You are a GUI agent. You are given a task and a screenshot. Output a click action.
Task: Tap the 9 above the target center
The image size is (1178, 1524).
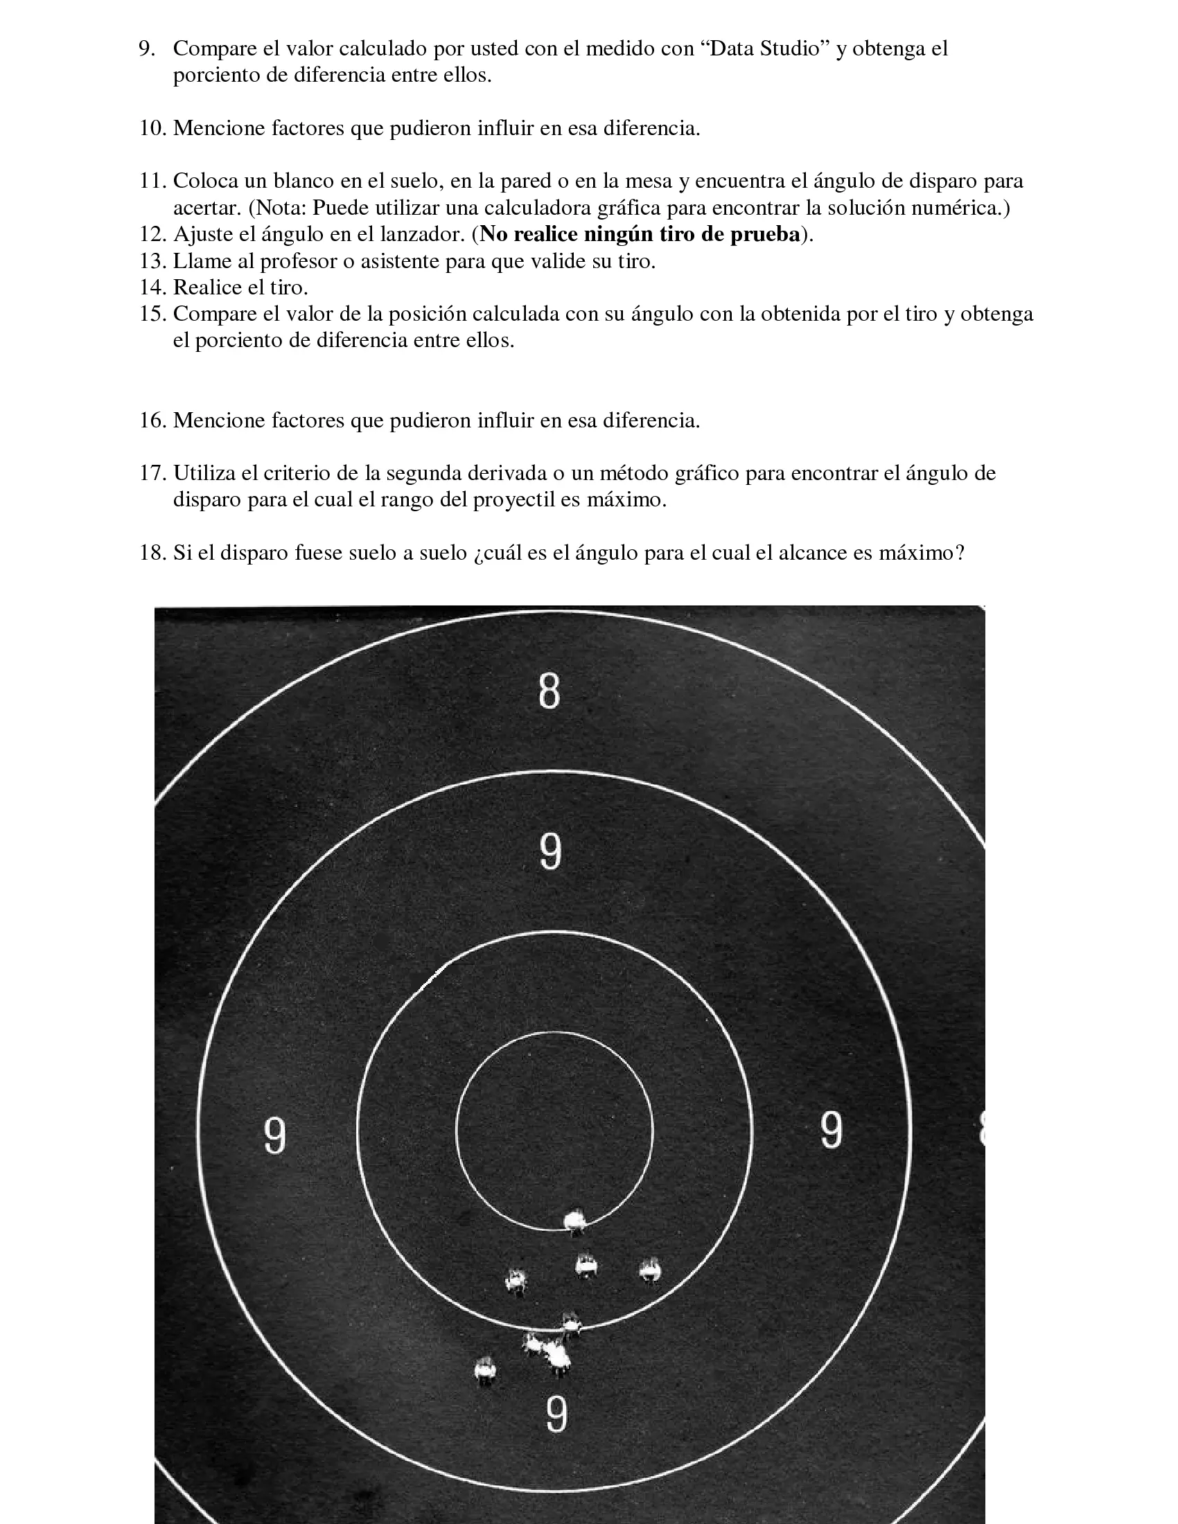[x=551, y=852]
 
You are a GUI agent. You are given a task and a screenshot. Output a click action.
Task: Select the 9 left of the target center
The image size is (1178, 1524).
[x=275, y=1135]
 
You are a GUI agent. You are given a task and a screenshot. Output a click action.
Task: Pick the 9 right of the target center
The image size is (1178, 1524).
[x=831, y=1130]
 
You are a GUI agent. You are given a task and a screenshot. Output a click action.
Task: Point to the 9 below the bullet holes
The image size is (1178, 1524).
[x=556, y=1414]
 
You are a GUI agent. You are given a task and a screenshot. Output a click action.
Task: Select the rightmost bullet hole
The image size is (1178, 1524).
[x=650, y=1270]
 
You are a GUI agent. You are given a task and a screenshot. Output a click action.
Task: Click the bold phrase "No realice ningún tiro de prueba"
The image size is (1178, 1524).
[x=640, y=234]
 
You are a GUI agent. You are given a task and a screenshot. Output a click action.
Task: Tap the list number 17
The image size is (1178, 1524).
[x=153, y=473]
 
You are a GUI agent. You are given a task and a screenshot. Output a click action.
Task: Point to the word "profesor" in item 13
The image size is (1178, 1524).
[x=301, y=261]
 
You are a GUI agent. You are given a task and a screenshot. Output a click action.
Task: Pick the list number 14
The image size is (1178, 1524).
[x=153, y=287]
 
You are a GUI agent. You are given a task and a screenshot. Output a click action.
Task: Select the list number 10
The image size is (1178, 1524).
[x=153, y=128]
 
